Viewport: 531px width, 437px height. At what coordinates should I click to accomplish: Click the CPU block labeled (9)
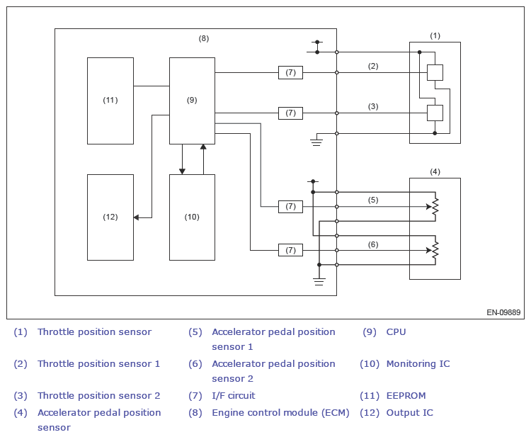point(192,101)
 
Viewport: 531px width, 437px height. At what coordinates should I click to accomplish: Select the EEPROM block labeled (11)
point(110,101)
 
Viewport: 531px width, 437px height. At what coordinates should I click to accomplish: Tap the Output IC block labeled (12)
point(110,217)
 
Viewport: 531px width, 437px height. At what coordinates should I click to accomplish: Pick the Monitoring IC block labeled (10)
point(192,217)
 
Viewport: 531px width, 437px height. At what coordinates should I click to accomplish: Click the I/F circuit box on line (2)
point(290,72)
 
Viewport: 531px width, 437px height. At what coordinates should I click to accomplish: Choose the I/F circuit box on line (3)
point(290,113)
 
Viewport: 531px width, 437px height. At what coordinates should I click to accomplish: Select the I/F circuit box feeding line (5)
point(290,207)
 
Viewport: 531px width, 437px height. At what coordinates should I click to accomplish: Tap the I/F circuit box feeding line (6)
point(290,250)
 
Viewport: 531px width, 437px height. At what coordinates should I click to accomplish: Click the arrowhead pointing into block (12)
point(136,217)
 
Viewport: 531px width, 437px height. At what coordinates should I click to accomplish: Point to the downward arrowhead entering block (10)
point(182,171)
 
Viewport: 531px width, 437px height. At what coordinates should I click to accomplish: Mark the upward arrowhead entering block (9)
point(203,147)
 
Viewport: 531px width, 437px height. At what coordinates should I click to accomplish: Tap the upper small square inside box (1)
point(435,72)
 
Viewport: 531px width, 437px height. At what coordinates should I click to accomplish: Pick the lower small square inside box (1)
point(435,113)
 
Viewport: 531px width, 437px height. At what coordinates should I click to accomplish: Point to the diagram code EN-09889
point(503,312)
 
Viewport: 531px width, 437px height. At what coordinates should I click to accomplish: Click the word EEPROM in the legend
point(406,396)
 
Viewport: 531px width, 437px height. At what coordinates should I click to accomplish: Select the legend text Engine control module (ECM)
point(280,413)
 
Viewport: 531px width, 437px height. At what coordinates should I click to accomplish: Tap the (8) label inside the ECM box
point(203,39)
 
